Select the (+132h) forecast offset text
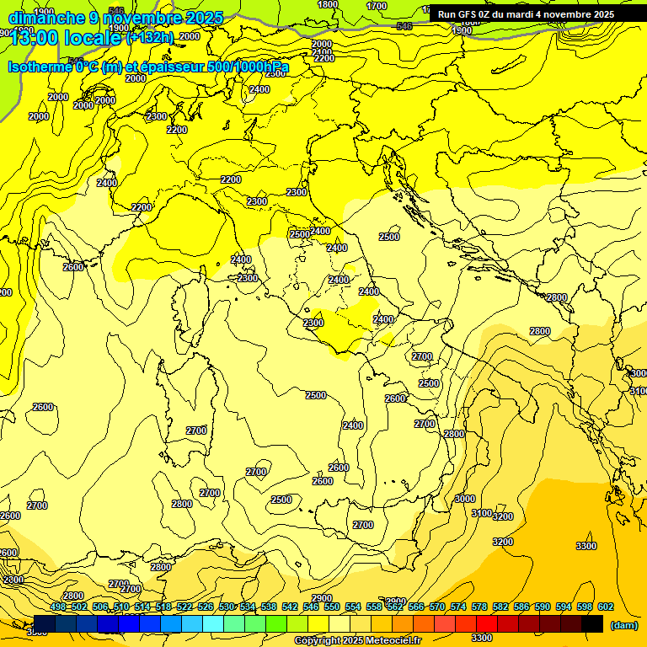tap(151, 37)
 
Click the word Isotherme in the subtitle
tap(39, 67)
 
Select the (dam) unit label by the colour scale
tap(623, 624)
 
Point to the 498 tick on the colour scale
tap(58, 607)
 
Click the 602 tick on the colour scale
tap(606, 607)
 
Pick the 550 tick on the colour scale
tap(332, 607)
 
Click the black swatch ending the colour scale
tap(593, 623)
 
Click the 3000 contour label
tap(464, 500)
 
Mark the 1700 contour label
tap(377, 6)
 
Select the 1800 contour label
tap(328, 4)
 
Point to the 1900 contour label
tap(462, 30)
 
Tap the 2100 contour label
tap(323, 51)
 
